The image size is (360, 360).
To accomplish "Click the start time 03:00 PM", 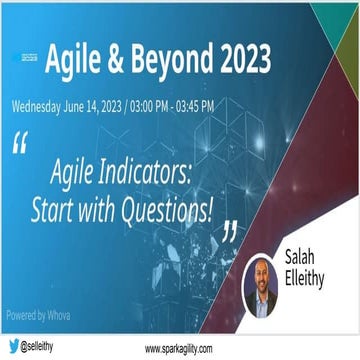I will [x=170, y=104].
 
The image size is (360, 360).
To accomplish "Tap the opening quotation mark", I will [x=20, y=143].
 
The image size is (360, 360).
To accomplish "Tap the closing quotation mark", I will [x=231, y=231].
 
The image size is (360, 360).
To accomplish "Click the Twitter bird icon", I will [x=13, y=346].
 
